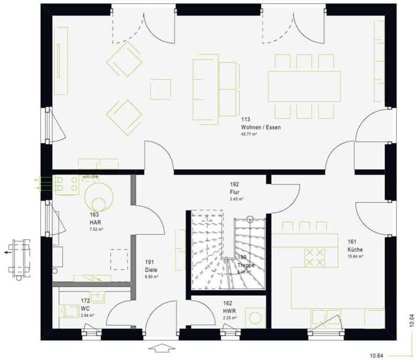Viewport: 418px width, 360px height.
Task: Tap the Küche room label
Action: coord(355,249)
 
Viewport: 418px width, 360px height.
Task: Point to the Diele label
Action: coord(151,270)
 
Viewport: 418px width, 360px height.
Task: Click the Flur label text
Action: coord(234,192)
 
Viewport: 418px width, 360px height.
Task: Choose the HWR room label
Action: coord(228,311)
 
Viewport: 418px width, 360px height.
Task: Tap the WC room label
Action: coord(85,308)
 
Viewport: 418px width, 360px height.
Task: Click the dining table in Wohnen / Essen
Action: coord(304,86)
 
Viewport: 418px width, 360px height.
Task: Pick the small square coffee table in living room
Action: coord(160,89)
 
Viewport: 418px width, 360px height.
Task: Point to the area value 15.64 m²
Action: coord(355,256)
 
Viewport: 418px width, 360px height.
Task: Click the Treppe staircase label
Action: coord(246,265)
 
